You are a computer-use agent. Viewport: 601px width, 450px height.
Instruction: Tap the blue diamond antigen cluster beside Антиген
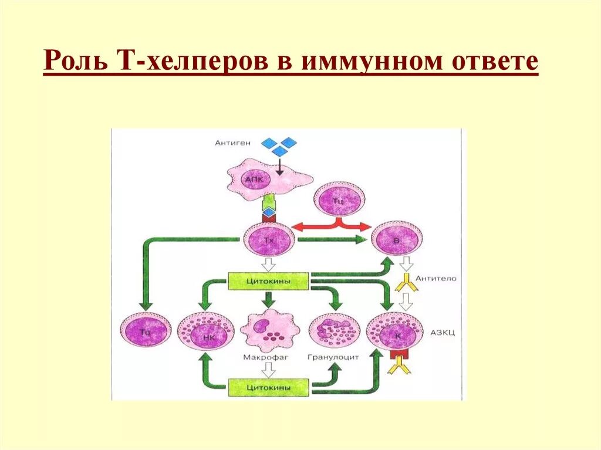click(x=279, y=146)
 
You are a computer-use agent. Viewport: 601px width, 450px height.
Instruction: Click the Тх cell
click(x=269, y=239)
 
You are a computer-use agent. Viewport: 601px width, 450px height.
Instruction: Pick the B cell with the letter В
click(x=396, y=239)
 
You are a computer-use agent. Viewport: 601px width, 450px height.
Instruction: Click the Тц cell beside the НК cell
click(x=144, y=331)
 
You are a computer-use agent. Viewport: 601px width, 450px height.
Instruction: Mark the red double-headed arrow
click(x=332, y=226)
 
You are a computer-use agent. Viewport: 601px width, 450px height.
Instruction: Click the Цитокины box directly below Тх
click(x=269, y=280)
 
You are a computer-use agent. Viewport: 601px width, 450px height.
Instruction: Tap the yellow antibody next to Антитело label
click(x=404, y=285)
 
